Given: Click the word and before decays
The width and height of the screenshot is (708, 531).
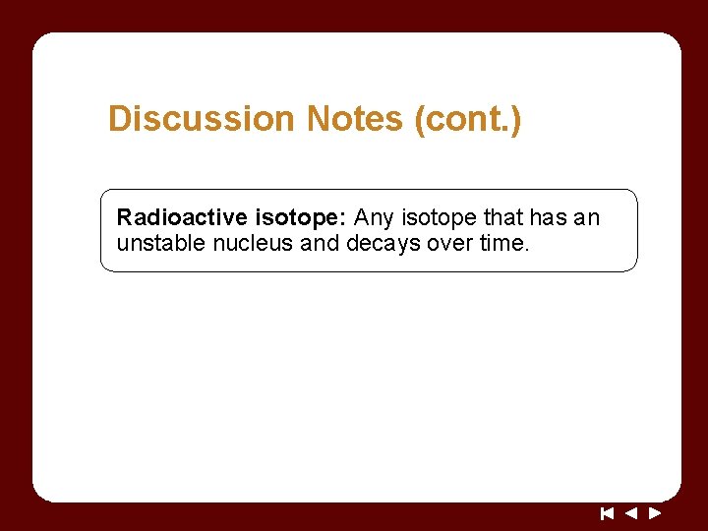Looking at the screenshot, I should click(x=320, y=243).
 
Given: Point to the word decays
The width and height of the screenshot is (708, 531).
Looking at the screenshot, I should click(x=384, y=243).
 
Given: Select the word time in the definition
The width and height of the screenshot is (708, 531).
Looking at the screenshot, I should click(x=502, y=243).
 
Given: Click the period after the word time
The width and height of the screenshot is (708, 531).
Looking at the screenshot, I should click(x=528, y=249).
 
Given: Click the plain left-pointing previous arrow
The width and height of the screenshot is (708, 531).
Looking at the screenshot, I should click(x=631, y=512).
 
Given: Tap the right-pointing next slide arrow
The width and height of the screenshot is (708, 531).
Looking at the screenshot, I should click(x=655, y=512).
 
